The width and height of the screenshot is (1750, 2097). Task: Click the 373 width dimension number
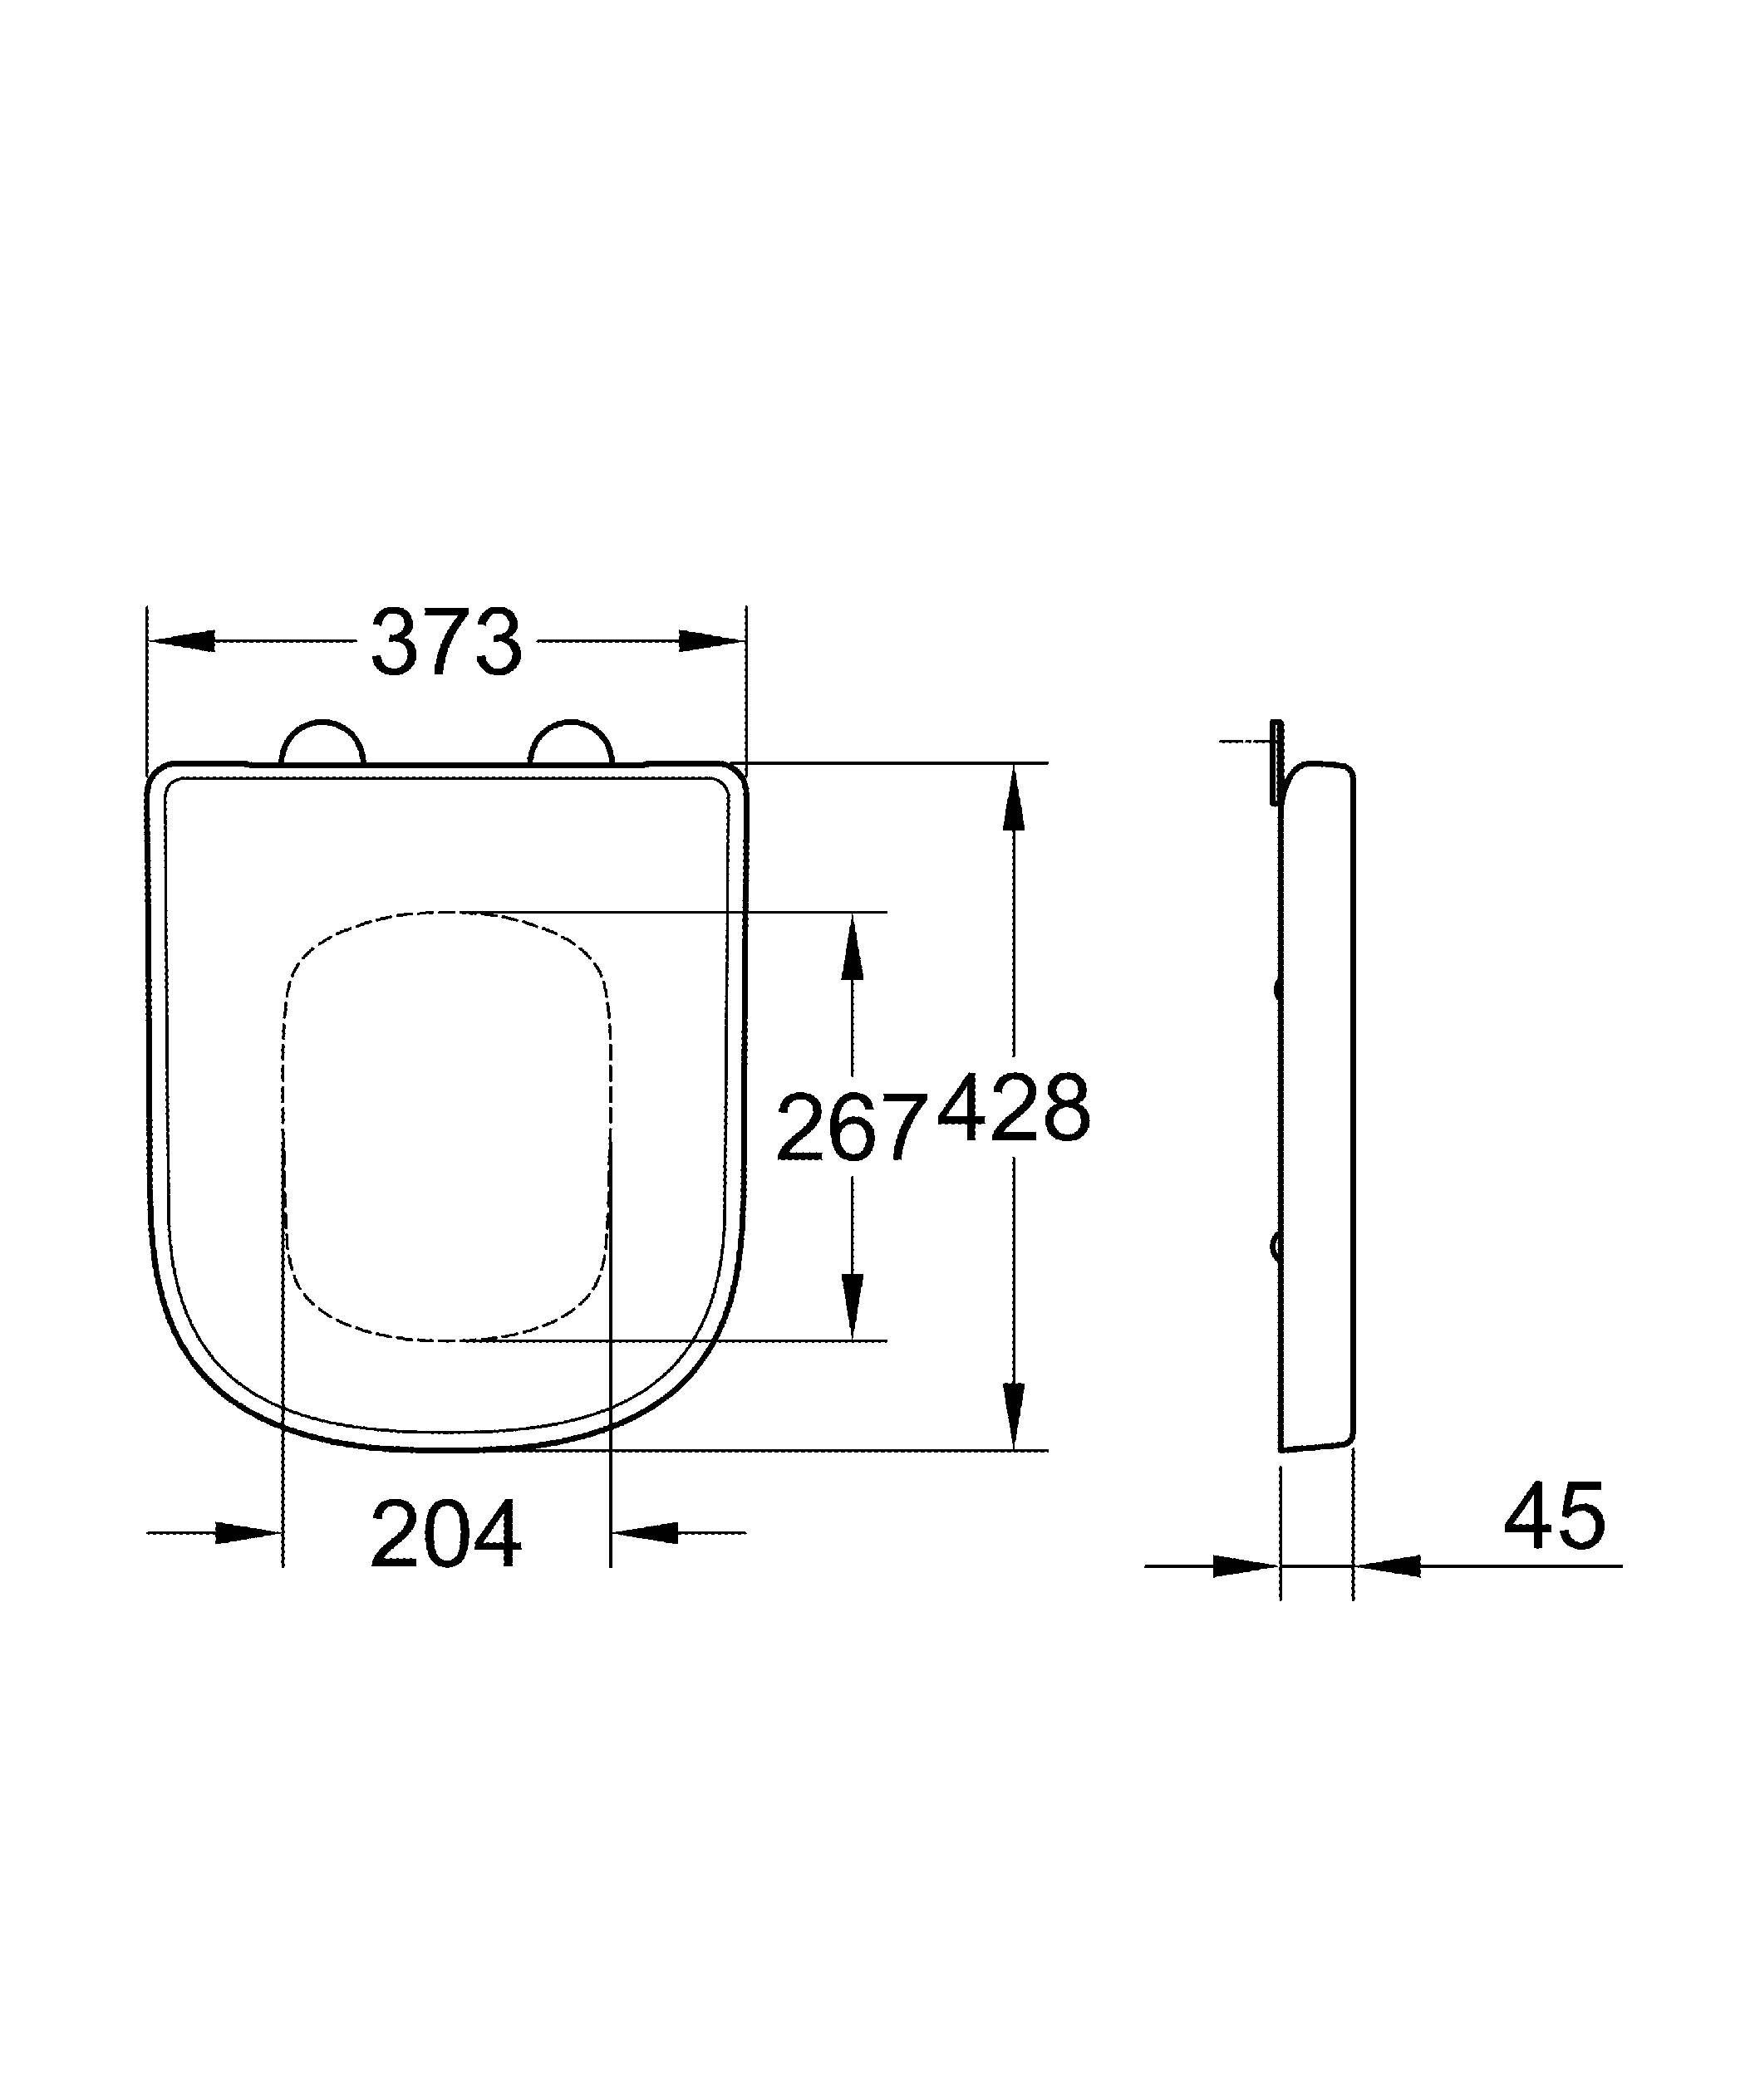pyautogui.click(x=446, y=642)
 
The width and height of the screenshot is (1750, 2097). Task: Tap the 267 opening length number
pyautogui.click(x=849, y=1129)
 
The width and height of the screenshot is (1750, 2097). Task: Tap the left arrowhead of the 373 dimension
pyautogui.click(x=183, y=641)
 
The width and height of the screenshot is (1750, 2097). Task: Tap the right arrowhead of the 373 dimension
pyautogui.click(x=711, y=641)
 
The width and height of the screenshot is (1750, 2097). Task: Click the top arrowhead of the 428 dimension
pyautogui.click(x=1013, y=799)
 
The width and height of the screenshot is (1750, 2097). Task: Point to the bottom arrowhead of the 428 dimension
pyautogui.click(x=1013, y=1413)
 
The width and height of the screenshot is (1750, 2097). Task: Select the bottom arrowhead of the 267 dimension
pyautogui.click(x=851, y=1304)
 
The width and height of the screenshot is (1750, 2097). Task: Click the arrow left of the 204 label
pyautogui.click(x=248, y=1531)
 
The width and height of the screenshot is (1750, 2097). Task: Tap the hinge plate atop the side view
pyautogui.click(x=1276, y=762)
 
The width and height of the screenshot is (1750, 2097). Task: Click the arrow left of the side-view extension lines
pyautogui.click(x=1245, y=1565)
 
